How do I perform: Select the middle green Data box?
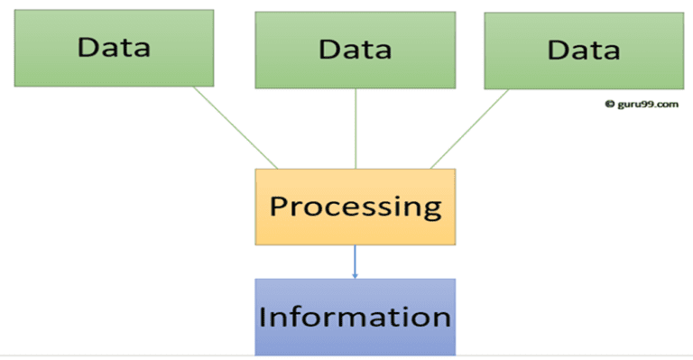pos(355,49)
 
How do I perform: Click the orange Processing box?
pos(356,207)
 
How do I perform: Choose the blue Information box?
pos(355,316)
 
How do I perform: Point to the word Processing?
pos(356,207)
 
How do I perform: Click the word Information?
pos(355,318)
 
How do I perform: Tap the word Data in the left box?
pos(114,46)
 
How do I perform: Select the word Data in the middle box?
pos(355,50)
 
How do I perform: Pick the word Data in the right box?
pos(584,51)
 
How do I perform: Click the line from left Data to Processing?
pos(236,127)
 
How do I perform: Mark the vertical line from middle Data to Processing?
pos(356,128)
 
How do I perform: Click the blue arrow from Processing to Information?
pos(355,259)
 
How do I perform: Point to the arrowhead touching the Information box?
pos(355,274)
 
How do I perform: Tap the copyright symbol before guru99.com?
pos(609,104)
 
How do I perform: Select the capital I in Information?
pos(263,317)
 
